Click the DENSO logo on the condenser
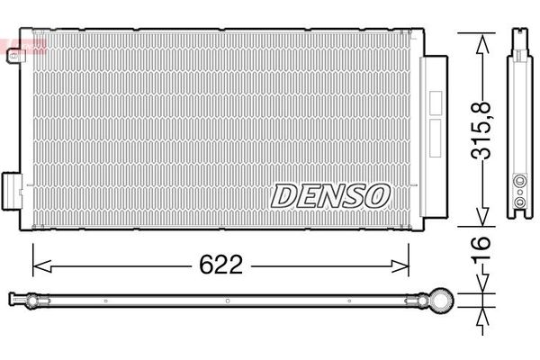[x=330, y=193]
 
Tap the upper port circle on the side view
[x=519, y=181]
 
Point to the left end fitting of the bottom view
[x=18, y=298]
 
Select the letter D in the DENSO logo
[x=281, y=193]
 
